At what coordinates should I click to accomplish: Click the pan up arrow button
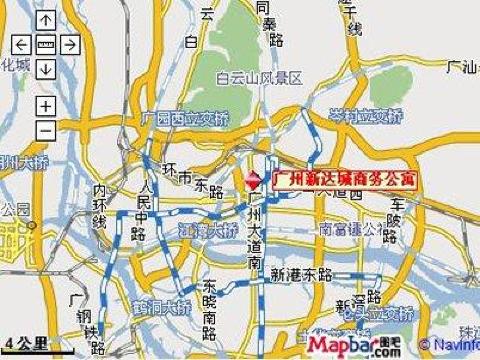tap(45, 23)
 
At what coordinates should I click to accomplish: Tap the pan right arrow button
tap(69, 45)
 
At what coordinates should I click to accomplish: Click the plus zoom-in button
tap(45, 106)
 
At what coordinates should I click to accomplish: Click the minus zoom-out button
tap(45, 130)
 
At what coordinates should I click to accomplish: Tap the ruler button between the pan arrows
tap(45, 45)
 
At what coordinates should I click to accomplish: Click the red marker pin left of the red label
tap(253, 178)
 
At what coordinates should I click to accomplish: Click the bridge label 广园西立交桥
tap(187, 120)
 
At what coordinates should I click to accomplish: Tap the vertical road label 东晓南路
tap(210, 305)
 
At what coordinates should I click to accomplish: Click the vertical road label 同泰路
tap(265, 30)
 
